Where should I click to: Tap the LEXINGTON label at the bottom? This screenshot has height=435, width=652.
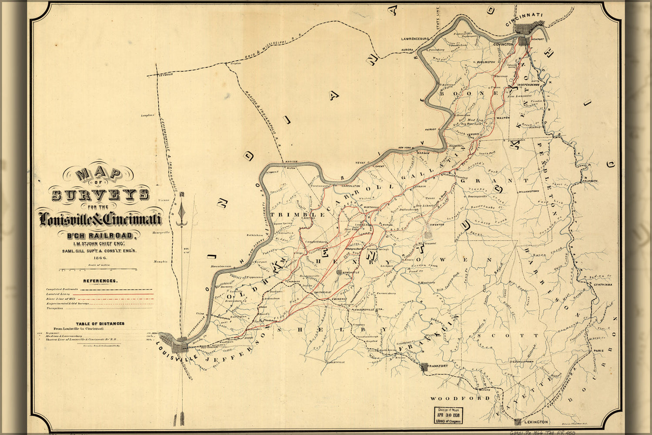point(535,422)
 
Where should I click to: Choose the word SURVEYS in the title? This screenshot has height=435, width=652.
point(100,195)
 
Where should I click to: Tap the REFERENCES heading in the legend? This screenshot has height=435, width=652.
point(100,281)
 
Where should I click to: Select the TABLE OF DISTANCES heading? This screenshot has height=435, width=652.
point(100,324)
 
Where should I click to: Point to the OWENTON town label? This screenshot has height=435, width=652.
point(436,224)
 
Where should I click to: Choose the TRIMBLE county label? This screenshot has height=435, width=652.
point(298,215)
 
